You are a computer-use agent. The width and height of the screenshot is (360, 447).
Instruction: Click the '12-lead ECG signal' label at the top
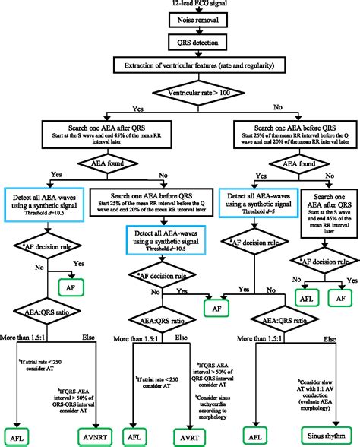click(x=180, y=5)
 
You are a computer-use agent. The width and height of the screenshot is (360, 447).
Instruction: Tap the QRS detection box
click(x=180, y=46)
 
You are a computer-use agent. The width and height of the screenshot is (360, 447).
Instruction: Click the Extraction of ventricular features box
click(x=180, y=68)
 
